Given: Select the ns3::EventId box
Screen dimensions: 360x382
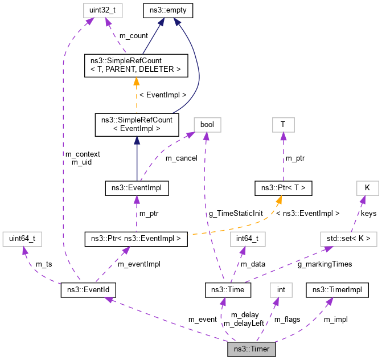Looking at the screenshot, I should tap(88, 291).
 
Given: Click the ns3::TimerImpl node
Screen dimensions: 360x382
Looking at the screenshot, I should tap(336, 291).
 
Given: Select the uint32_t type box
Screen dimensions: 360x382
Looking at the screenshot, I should tap(100, 10).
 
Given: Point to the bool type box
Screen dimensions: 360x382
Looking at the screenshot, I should tap(207, 124).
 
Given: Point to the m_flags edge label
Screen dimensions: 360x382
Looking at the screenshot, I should tap(287, 319).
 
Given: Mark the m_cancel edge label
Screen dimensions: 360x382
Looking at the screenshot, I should tap(182, 158).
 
